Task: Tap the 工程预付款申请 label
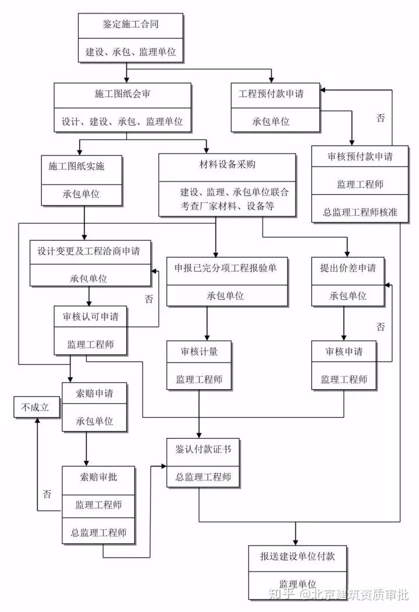[x=271, y=93]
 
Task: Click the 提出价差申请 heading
[x=347, y=268]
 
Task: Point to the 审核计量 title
[x=200, y=351]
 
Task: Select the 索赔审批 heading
[x=98, y=477]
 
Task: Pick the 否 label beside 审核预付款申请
[x=381, y=119]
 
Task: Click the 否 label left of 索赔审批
[x=47, y=494]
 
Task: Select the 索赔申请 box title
[x=94, y=394]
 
